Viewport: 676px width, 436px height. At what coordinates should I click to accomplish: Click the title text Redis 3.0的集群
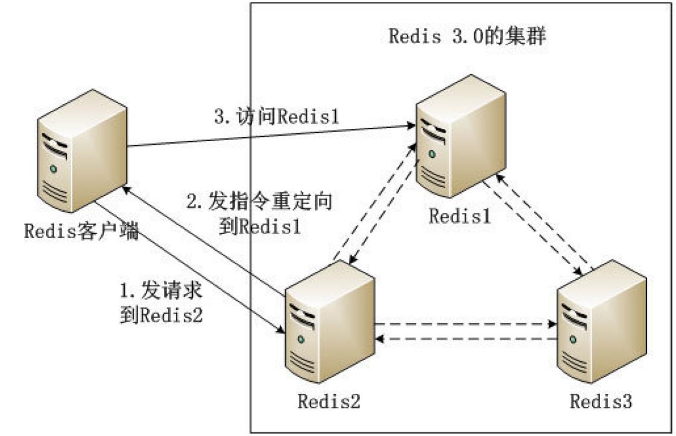pyautogui.click(x=467, y=36)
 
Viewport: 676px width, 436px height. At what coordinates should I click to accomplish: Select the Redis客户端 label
pyautogui.click(x=81, y=230)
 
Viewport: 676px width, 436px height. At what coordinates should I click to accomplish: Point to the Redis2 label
pyautogui.click(x=328, y=401)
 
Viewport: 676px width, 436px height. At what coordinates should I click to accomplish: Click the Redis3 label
pyautogui.click(x=601, y=401)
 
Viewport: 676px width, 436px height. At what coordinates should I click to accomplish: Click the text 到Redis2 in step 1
pyautogui.click(x=161, y=314)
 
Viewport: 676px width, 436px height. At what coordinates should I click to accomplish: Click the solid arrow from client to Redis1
pyautogui.click(x=271, y=136)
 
